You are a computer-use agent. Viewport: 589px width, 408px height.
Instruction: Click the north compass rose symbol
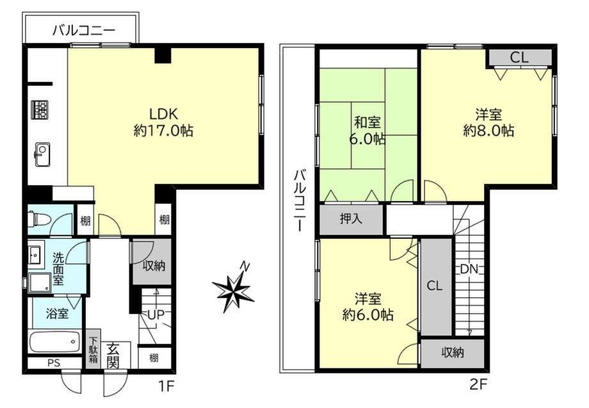click(x=234, y=288)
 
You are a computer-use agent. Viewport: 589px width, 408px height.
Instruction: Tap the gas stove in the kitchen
click(x=40, y=110)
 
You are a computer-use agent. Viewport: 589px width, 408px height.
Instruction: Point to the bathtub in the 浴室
click(x=54, y=341)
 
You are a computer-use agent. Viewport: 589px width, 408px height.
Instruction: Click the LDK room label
click(x=163, y=113)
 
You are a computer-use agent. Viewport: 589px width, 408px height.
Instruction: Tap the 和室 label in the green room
click(x=367, y=122)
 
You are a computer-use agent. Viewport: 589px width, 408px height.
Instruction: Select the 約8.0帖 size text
click(x=488, y=131)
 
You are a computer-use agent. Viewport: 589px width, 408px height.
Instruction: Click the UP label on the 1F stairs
click(x=156, y=314)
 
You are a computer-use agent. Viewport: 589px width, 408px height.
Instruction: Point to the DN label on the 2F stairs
click(x=469, y=269)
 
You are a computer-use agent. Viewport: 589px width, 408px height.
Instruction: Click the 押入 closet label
click(x=351, y=218)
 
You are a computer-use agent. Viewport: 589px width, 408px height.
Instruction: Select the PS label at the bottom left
click(x=54, y=363)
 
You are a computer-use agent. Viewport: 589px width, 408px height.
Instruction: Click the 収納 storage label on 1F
click(x=154, y=266)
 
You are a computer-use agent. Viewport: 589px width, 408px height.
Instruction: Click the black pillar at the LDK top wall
click(x=163, y=55)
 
